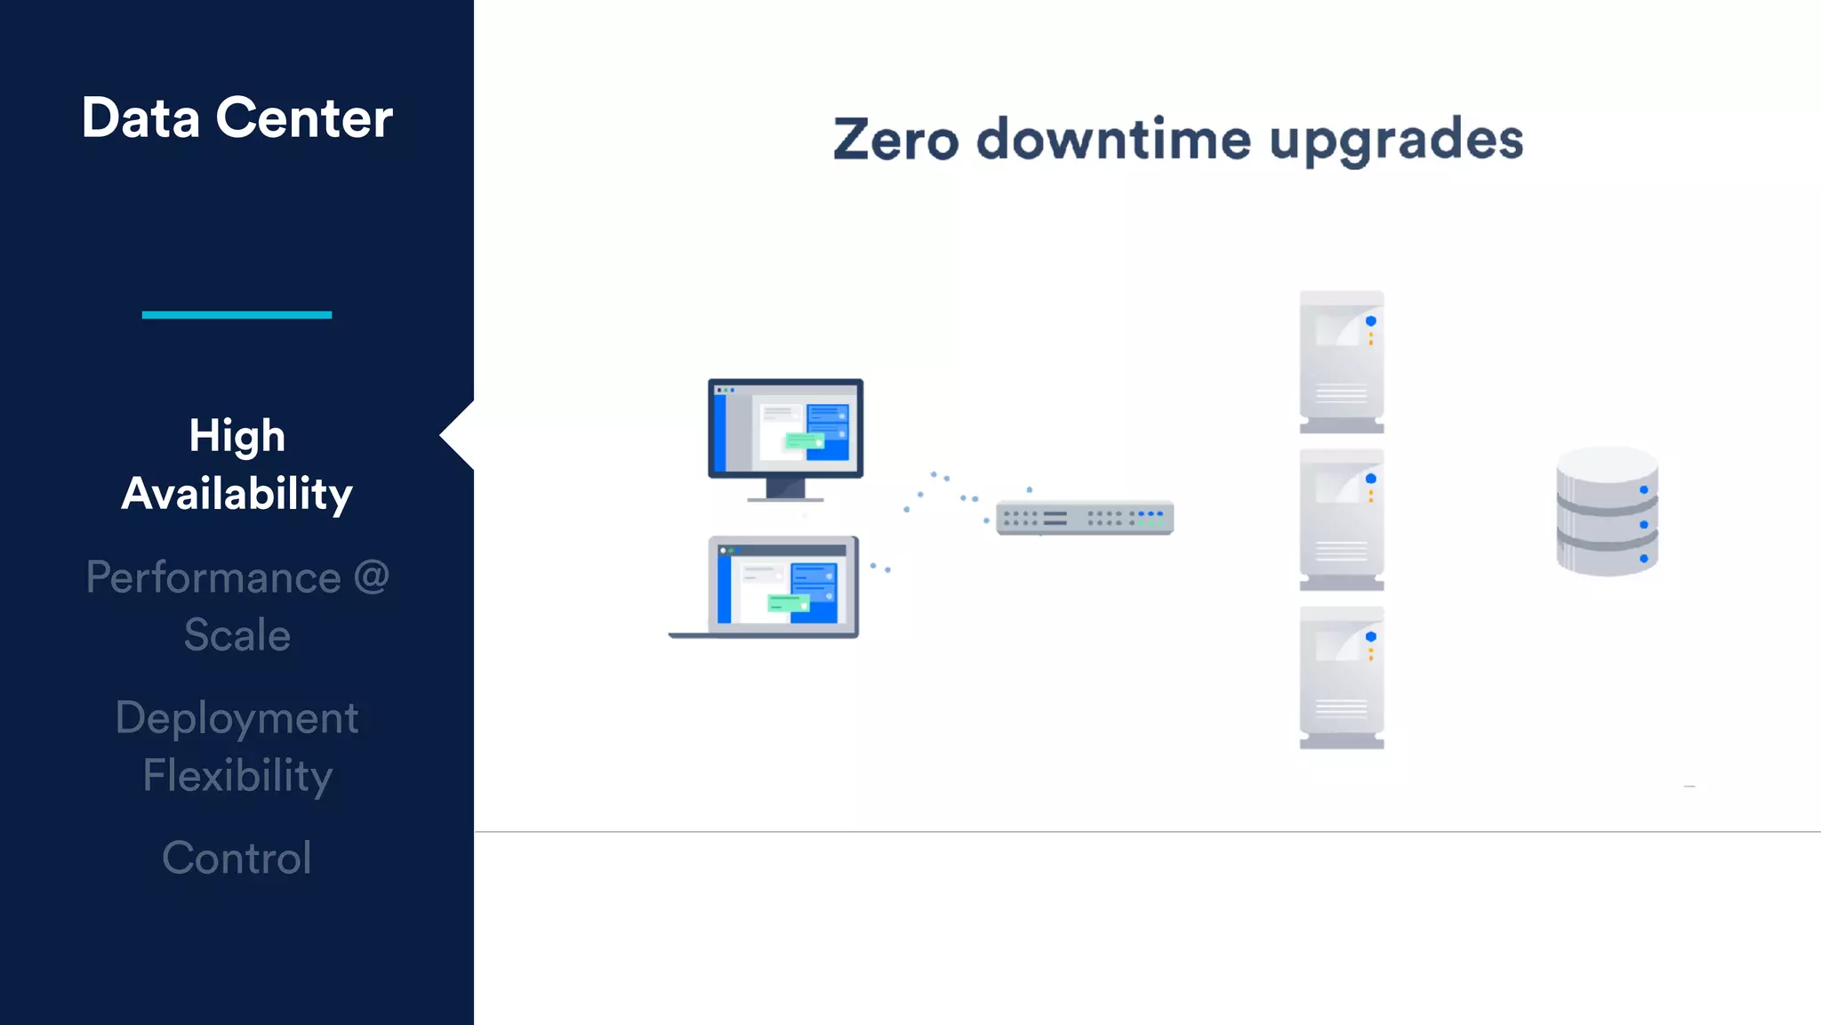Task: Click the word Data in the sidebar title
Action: click(140, 118)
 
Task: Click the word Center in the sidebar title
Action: click(304, 118)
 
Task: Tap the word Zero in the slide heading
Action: click(895, 140)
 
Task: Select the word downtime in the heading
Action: click(1113, 140)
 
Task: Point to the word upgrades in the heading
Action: click(1396, 141)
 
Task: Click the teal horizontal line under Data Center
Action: click(237, 314)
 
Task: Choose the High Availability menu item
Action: click(237, 464)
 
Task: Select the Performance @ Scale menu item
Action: click(237, 606)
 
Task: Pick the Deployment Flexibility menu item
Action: click(237, 747)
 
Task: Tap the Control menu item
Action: click(237, 858)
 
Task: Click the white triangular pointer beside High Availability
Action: click(459, 435)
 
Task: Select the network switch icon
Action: click(1085, 518)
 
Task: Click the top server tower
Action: click(1342, 360)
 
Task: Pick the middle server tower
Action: click(1342, 519)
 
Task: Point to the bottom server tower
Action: click(1342, 677)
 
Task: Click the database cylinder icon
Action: click(1607, 512)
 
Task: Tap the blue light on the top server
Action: click(1371, 321)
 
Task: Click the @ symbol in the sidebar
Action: click(372, 577)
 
